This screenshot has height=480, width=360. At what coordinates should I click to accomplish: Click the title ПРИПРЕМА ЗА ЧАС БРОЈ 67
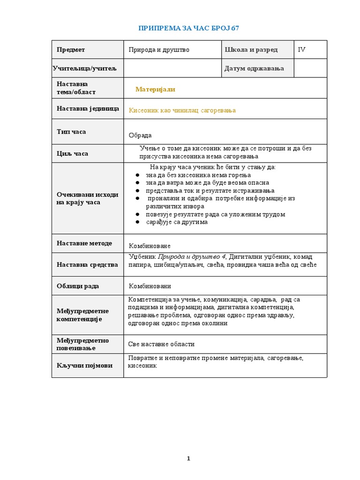(188, 28)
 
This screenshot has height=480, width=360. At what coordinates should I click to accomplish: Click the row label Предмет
(71, 50)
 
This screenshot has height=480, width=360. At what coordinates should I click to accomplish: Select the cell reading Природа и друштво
(159, 50)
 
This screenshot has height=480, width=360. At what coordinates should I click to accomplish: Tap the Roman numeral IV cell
(302, 50)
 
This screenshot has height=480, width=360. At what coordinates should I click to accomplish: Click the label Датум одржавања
(254, 68)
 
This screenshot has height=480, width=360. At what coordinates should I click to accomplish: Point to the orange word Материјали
(155, 89)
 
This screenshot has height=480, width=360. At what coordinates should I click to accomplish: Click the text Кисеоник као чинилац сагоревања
(182, 110)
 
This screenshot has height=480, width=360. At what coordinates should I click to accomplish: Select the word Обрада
(140, 135)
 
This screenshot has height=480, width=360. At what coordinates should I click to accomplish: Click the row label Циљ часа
(72, 153)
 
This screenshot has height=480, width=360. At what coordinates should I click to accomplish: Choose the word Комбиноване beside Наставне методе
(150, 246)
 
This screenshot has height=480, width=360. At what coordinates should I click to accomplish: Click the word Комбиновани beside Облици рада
(150, 286)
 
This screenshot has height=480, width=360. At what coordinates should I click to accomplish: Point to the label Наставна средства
(87, 265)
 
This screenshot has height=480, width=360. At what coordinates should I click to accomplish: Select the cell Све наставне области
(161, 344)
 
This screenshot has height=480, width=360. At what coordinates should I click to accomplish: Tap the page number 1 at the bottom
(188, 458)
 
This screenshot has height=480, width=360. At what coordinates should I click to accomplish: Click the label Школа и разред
(251, 50)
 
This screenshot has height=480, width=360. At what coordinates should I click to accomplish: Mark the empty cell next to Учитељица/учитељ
(172, 68)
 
